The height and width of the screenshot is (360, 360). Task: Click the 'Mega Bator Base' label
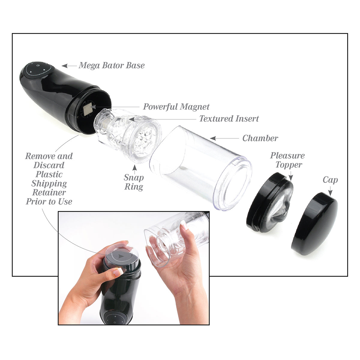tap(112, 65)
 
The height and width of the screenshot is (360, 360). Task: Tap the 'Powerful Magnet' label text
tap(176, 107)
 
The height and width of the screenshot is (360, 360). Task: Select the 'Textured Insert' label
tap(229, 119)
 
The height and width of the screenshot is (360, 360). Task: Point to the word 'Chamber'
tap(260, 138)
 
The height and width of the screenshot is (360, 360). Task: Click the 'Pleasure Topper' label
tap(287, 160)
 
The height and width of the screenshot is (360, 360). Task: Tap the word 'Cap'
tap(330, 180)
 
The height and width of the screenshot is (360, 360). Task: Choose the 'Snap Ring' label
tap(134, 182)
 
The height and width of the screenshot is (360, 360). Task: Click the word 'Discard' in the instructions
tap(49, 165)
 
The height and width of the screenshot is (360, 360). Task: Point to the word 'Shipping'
tap(49, 183)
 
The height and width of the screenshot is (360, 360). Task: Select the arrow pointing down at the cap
tap(330, 191)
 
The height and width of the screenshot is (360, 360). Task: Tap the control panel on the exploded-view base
tap(38, 70)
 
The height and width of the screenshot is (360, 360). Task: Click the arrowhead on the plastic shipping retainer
tap(121, 256)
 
